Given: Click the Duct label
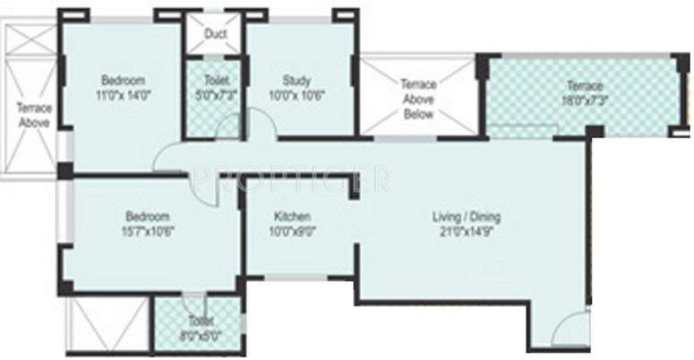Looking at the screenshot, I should pyautogui.click(x=215, y=35).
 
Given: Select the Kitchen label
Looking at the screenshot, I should pyautogui.click(x=292, y=217).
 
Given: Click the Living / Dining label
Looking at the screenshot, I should pyautogui.click(x=466, y=217).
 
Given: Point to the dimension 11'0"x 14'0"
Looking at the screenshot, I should pyautogui.click(x=122, y=92).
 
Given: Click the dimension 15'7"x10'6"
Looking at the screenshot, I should pyautogui.click(x=148, y=230).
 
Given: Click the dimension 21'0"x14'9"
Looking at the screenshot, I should pyautogui.click(x=466, y=230).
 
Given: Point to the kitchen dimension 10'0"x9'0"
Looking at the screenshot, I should pyautogui.click(x=292, y=230).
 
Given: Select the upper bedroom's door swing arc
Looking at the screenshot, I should pyautogui.click(x=170, y=159).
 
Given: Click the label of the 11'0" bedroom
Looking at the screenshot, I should pyautogui.click(x=122, y=80).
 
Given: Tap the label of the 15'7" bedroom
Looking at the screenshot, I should pyautogui.click(x=148, y=217).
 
